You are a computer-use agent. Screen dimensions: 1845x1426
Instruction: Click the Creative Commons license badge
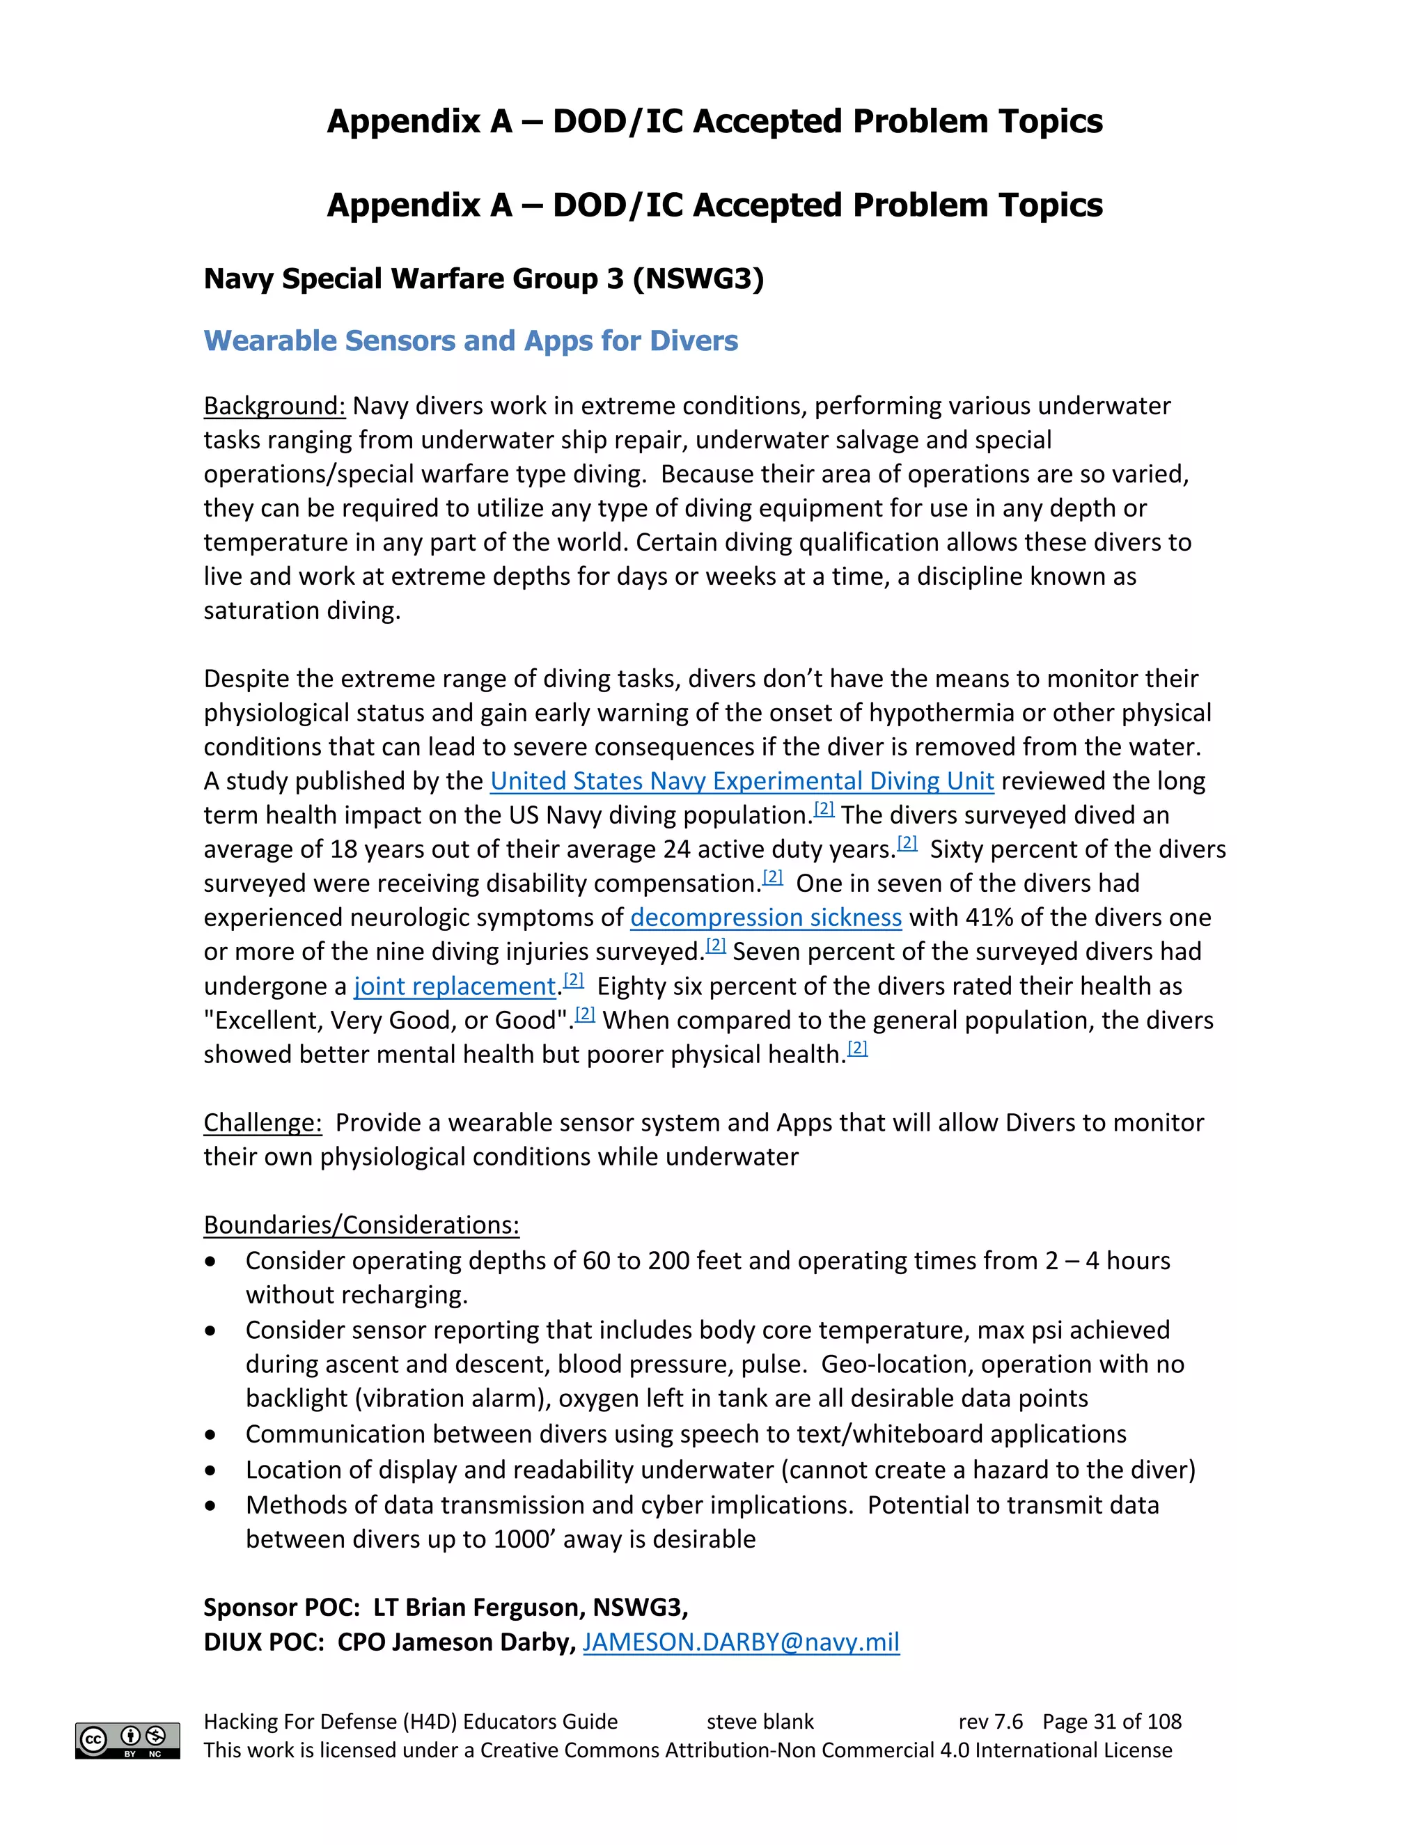coord(127,1741)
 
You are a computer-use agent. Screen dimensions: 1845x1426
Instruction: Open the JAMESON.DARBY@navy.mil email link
coord(741,1642)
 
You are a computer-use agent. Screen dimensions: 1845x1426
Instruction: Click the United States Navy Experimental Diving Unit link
coord(742,780)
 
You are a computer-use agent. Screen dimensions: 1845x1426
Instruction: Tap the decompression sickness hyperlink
coord(765,918)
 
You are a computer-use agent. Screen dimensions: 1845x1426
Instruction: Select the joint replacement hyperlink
coord(455,986)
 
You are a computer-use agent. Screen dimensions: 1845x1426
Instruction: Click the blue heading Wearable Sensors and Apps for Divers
coord(471,340)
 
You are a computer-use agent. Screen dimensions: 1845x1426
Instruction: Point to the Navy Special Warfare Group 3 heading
coord(483,278)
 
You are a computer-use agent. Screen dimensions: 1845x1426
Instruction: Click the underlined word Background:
coord(274,407)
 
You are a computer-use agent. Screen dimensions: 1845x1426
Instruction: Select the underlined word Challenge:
coord(263,1123)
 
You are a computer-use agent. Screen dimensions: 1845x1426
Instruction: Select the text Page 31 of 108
coord(1112,1722)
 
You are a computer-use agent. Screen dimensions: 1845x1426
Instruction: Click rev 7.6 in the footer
coord(990,1722)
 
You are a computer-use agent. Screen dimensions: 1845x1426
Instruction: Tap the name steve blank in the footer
coord(760,1722)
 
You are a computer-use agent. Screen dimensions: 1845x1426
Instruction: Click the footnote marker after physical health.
coord(857,1049)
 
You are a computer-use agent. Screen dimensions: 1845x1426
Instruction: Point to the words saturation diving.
coord(301,611)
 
